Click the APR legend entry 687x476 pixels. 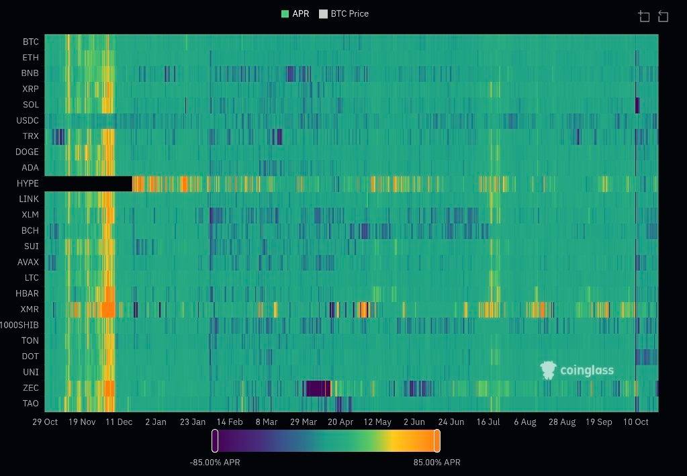pos(295,13)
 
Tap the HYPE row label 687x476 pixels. pos(28,183)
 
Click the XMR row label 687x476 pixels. pos(30,310)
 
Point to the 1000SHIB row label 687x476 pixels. pos(19,325)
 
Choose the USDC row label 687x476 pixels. pos(28,121)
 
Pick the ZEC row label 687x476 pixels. pos(31,388)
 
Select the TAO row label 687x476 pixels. pos(31,403)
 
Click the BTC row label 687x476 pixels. pos(31,42)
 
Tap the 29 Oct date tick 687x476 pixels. pos(46,422)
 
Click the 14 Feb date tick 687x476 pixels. pos(229,422)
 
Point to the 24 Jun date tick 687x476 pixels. pos(451,422)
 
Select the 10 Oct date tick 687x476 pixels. pos(636,422)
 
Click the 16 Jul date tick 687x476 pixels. pos(488,422)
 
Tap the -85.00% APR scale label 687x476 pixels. pos(215,463)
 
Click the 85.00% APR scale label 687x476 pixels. pos(437,463)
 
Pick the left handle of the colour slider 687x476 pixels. pos(215,441)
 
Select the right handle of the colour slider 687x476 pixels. pos(437,441)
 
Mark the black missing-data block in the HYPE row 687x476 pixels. pos(88,183)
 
